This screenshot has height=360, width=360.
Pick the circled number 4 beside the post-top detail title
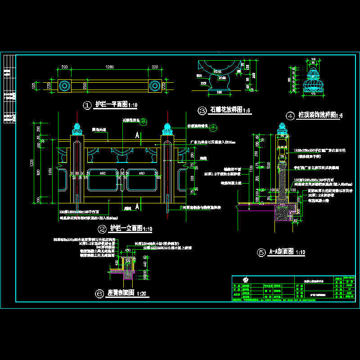point(290,115)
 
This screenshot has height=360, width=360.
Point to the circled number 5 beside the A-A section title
point(261,252)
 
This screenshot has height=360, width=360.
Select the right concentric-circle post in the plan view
point(154,85)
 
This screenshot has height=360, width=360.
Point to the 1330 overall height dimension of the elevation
point(33,162)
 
